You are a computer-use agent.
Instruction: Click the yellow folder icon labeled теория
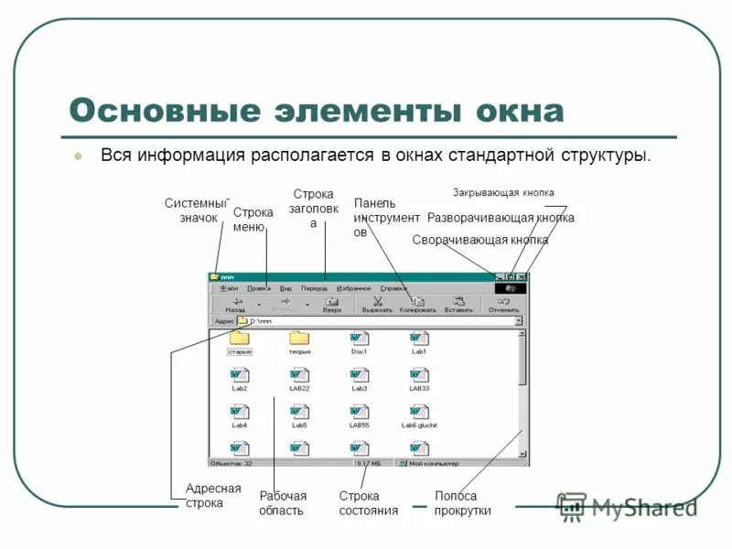(x=299, y=339)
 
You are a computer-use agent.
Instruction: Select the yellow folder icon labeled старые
(x=240, y=339)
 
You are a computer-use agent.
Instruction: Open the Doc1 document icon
(x=359, y=339)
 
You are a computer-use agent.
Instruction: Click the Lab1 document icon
(x=419, y=339)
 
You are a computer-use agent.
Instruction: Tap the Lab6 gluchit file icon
(x=419, y=413)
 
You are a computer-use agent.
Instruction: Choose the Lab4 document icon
(x=240, y=413)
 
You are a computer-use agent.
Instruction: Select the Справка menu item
(x=393, y=287)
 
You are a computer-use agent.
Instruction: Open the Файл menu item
(x=229, y=287)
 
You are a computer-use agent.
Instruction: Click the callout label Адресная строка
(x=213, y=495)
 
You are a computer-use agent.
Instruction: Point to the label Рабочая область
(x=283, y=502)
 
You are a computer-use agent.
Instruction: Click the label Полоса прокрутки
(x=463, y=502)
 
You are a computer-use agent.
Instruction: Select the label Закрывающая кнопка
(x=503, y=193)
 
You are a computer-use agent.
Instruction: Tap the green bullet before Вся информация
(x=78, y=156)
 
